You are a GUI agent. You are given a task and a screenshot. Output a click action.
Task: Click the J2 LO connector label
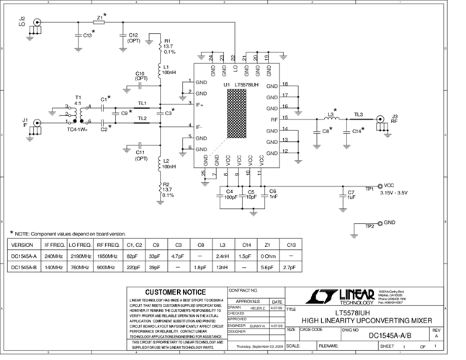click(22, 22)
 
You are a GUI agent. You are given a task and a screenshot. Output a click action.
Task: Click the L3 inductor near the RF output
click(332, 117)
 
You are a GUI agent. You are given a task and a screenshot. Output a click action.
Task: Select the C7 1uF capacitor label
click(351, 195)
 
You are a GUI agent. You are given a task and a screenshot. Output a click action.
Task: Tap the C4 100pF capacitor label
click(230, 194)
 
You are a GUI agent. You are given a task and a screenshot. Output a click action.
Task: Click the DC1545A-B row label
click(25, 268)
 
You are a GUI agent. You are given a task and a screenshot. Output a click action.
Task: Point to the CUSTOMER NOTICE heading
click(176, 292)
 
